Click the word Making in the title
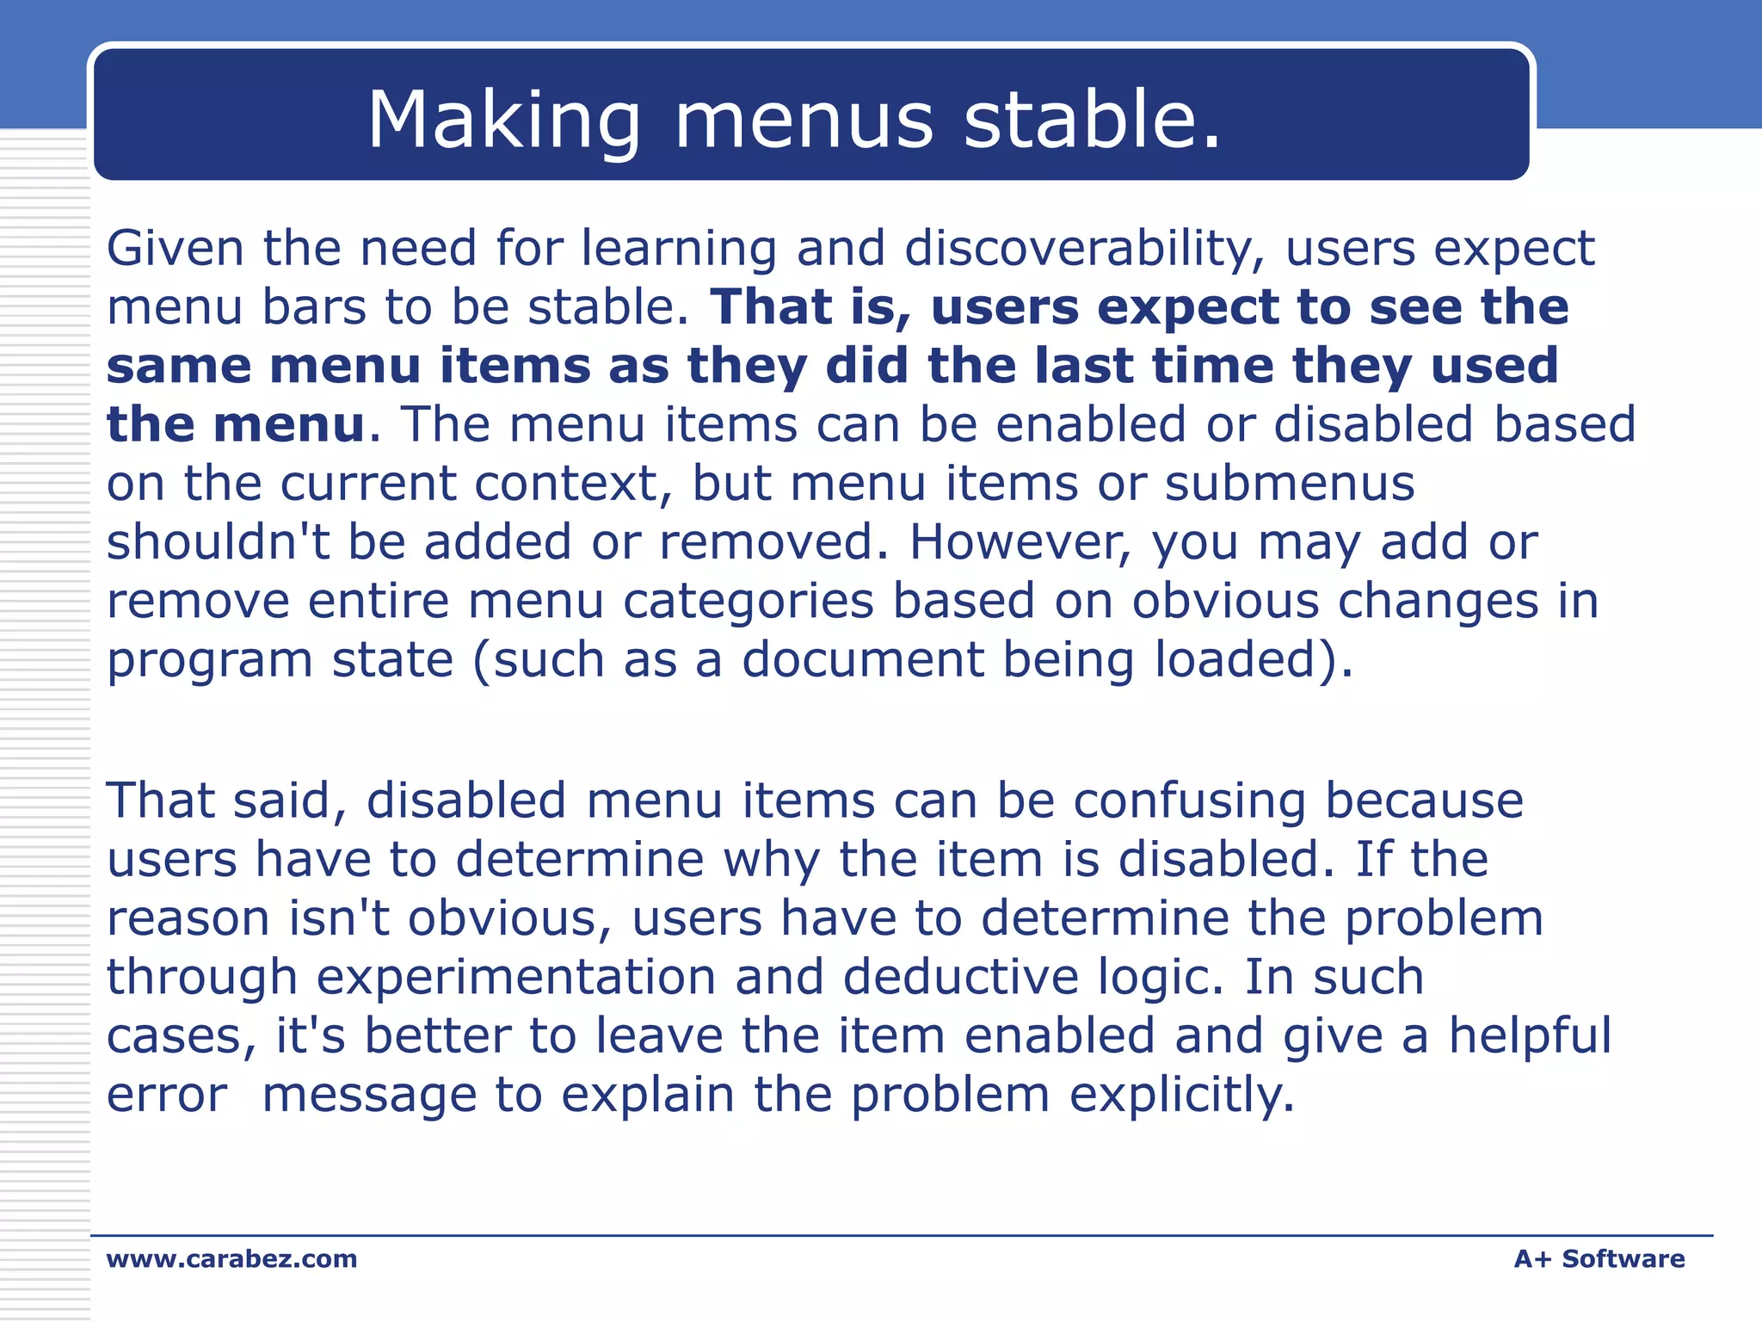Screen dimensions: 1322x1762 point(504,120)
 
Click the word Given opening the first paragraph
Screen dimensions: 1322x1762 point(176,249)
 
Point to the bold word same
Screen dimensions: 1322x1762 point(179,367)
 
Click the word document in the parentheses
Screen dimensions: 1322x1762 point(862,660)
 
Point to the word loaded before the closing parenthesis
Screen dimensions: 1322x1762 point(1235,660)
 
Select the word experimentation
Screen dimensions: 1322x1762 point(515,978)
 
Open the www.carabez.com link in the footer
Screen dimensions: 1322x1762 point(231,1259)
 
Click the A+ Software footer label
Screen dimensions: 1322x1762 point(1599,1259)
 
